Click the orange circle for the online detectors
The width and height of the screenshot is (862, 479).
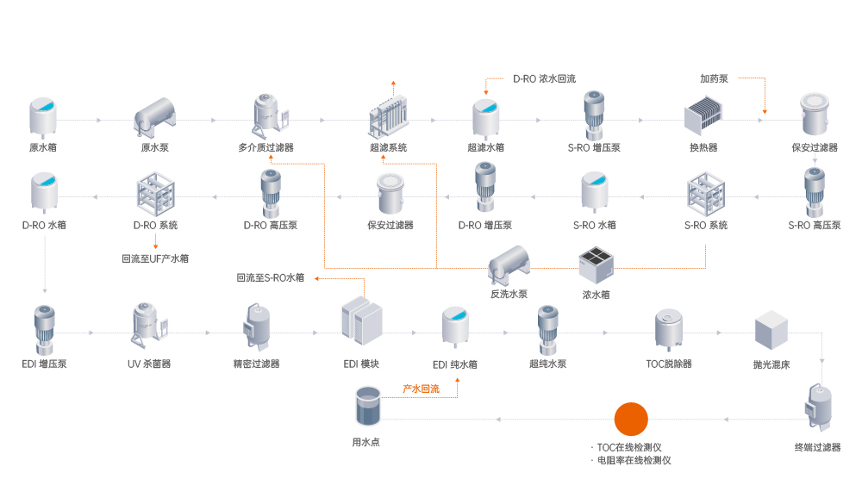pos(630,419)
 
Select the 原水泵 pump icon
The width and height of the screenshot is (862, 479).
pos(154,115)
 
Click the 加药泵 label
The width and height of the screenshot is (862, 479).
pos(714,78)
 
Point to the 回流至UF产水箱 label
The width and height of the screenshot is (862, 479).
pos(155,258)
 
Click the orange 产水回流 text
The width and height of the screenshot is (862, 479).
pos(421,389)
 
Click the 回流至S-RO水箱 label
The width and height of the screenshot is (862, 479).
pos(270,277)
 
